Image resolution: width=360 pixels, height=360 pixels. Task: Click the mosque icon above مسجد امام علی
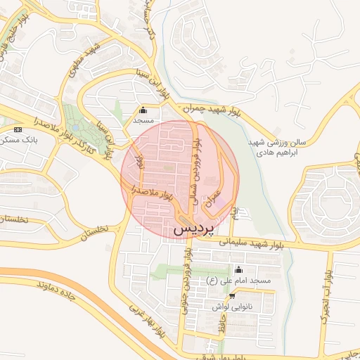tap(238, 269)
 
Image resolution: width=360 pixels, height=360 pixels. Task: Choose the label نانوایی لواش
tap(231, 307)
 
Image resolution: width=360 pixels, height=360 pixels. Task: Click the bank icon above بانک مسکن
tap(18, 130)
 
